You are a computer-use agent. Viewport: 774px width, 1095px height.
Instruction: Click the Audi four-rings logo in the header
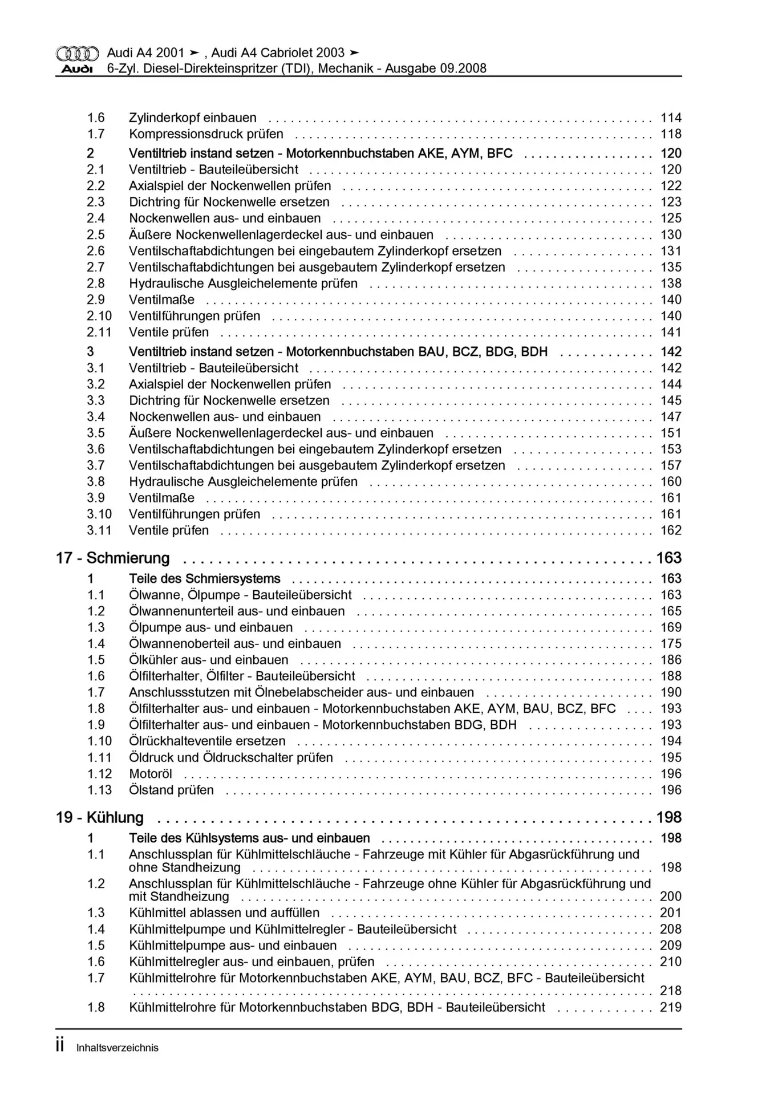[77, 54]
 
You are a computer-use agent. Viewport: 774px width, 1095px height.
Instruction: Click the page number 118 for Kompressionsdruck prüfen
[671, 134]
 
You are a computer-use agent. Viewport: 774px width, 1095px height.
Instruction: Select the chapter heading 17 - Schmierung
[113, 558]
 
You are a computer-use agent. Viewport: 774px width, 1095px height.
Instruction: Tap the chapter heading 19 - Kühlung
[100, 817]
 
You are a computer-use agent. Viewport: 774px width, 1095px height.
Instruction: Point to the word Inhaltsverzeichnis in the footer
[117, 1048]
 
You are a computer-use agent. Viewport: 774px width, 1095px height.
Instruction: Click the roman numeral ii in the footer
[60, 1047]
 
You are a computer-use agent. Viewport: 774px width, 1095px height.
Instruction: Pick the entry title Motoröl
[151, 774]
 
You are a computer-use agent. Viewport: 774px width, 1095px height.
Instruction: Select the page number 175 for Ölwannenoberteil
[671, 644]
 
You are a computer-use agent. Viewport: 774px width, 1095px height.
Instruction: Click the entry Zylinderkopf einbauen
[193, 118]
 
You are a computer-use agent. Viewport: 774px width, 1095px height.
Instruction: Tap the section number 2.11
[99, 332]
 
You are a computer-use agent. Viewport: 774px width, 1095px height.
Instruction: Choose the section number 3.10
[99, 514]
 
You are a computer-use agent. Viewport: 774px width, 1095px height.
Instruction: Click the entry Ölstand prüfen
[171, 790]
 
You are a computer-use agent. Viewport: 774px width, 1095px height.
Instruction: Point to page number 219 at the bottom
[671, 1007]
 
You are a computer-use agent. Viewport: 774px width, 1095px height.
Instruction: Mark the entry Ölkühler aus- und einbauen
[209, 660]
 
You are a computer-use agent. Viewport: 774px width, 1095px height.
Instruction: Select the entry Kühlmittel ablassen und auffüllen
[224, 912]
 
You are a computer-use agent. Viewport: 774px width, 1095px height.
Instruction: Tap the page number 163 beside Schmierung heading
[668, 558]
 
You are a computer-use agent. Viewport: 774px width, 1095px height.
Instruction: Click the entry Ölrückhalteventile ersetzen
[207, 741]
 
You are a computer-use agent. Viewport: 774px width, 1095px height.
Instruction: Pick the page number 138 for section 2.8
[671, 283]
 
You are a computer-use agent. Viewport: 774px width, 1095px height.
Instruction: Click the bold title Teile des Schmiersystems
[205, 579]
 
